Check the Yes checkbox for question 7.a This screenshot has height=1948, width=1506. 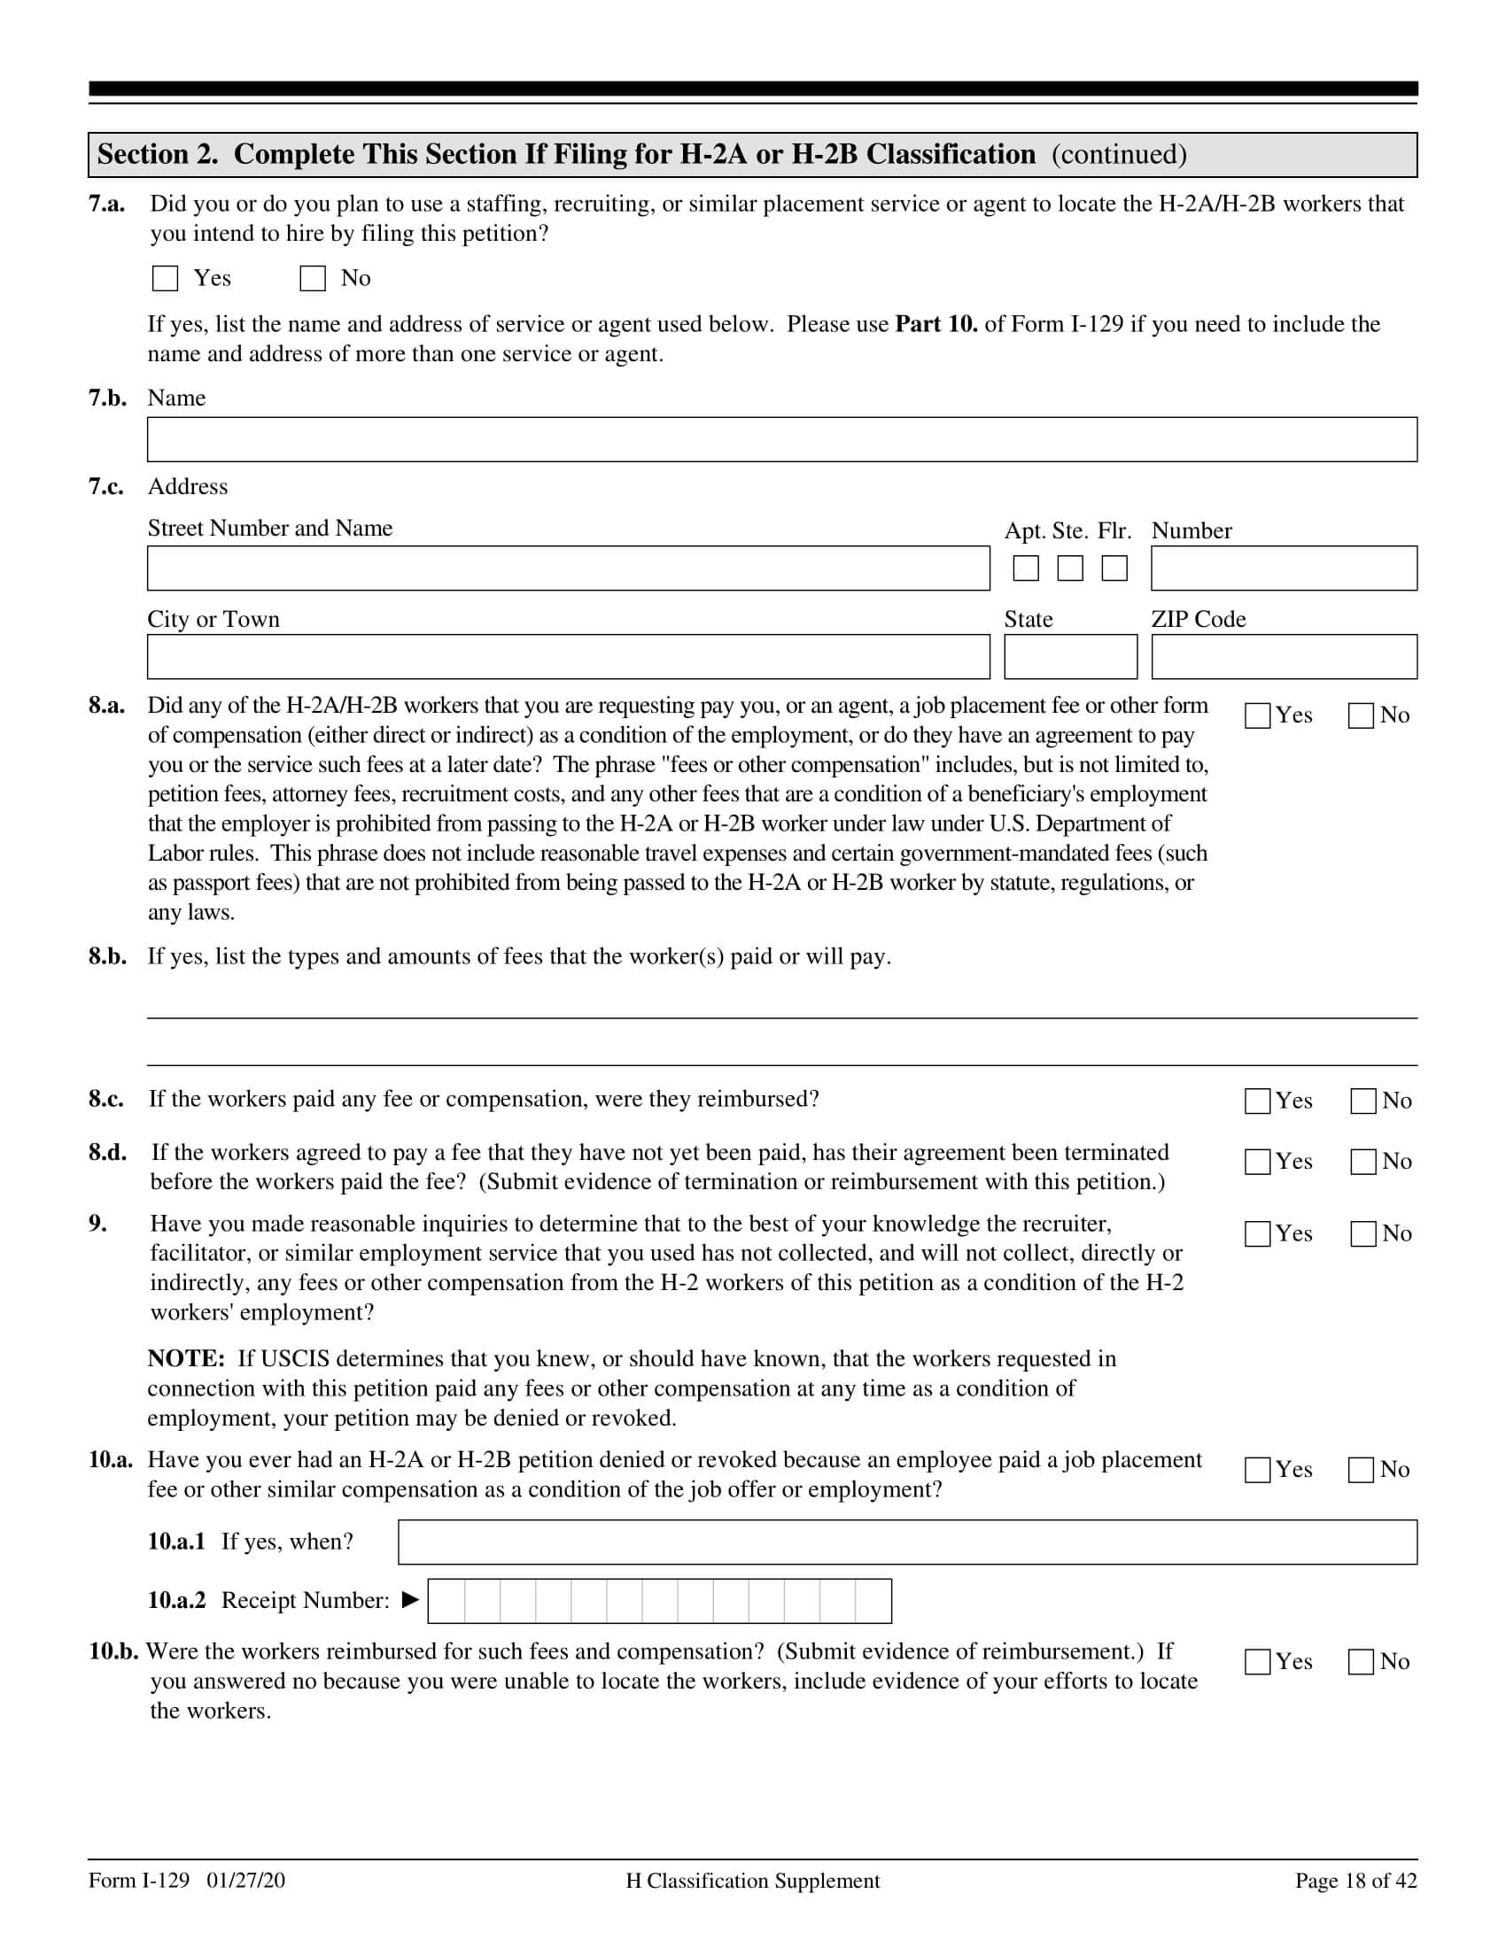click(x=165, y=278)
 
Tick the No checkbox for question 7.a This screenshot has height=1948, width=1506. click(x=312, y=278)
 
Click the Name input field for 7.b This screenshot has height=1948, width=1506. click(x=781, y=440)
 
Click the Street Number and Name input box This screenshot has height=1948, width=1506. click(x=569, y=568)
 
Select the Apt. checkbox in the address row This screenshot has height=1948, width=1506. click(x=1026, y=568)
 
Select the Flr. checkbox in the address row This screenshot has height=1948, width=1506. click(x=1114, y=568)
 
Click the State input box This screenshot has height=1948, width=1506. click(x=1071, y=657)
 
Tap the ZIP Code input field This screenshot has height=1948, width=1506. click(x=1284, y=657)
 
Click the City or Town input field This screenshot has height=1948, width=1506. click(x=569, y=657)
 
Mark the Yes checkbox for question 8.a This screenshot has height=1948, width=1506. click(x=1257, y=715)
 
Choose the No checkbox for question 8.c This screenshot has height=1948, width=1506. click(x=1363, y=1102)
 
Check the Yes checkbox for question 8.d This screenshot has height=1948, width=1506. click(x=1257, y=1163)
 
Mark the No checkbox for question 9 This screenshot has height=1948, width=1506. click(x=1363, y=1234)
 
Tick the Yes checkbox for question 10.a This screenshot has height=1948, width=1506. click(x=1257, y=1470)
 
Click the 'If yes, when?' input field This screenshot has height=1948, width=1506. click(x=906, y=1542)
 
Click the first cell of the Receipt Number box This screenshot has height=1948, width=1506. click(x=447, y=1601)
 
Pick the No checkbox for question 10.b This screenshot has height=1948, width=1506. click(x=1361, y=1662)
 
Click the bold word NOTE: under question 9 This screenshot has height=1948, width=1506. click(x=185, y=1359)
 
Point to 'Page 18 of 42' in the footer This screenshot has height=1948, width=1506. click(x=1355, y=1881)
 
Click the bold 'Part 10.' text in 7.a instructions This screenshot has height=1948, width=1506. click(x=935, y=324)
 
